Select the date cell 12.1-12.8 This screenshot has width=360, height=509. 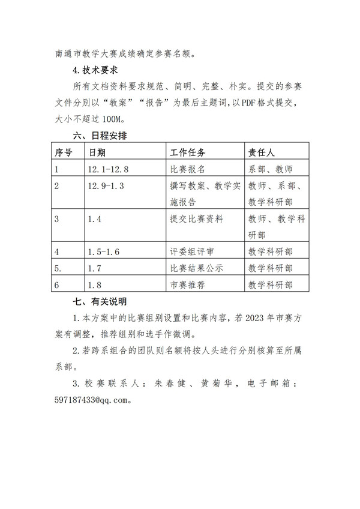point(108,169)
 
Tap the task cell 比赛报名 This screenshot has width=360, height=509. point(188,169)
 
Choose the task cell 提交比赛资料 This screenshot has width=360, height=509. point(197,219)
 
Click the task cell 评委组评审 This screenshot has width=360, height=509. point(193,251)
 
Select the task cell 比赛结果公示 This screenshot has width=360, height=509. point(197,268)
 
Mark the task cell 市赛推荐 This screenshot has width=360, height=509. point(188,285)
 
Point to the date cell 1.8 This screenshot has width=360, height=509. point(94,285)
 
